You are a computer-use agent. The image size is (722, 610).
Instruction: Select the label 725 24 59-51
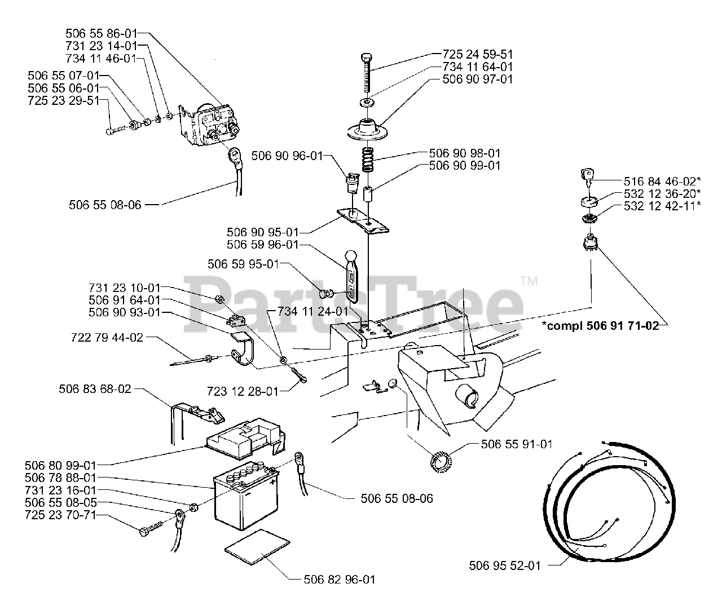click(478, 55)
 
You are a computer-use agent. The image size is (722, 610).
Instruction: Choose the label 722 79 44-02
click(107, 338)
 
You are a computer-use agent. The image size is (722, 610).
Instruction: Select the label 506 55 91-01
click(516, 444)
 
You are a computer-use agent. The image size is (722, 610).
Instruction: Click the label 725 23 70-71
click(60, 515)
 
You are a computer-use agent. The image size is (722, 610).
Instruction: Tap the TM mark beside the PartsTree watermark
click(528, 280)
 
